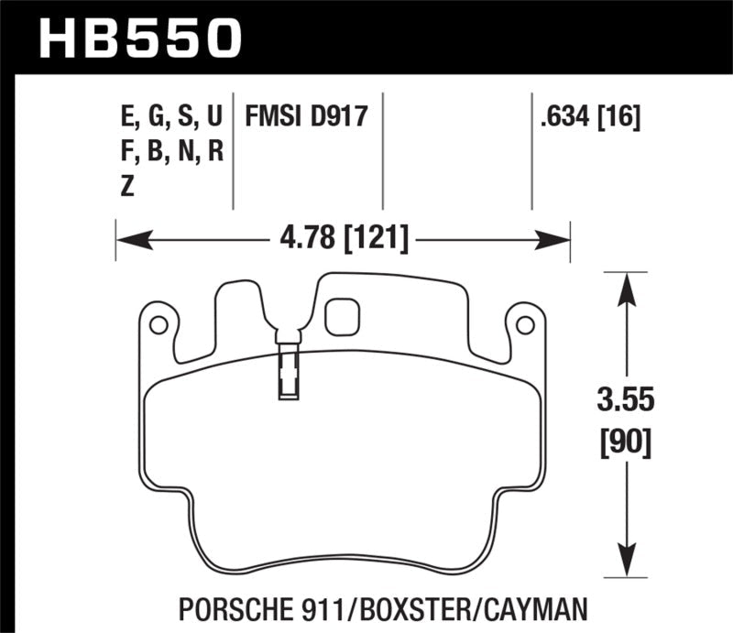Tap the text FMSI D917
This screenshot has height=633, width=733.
pos(306,117)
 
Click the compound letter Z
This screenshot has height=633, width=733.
pos(127,186)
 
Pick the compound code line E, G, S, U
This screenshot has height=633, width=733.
pos(170,117)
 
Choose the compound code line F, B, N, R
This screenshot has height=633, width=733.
pos(170,152)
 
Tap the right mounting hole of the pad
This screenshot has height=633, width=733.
pos(525,324)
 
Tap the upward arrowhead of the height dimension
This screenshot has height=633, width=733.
pos(626,289)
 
